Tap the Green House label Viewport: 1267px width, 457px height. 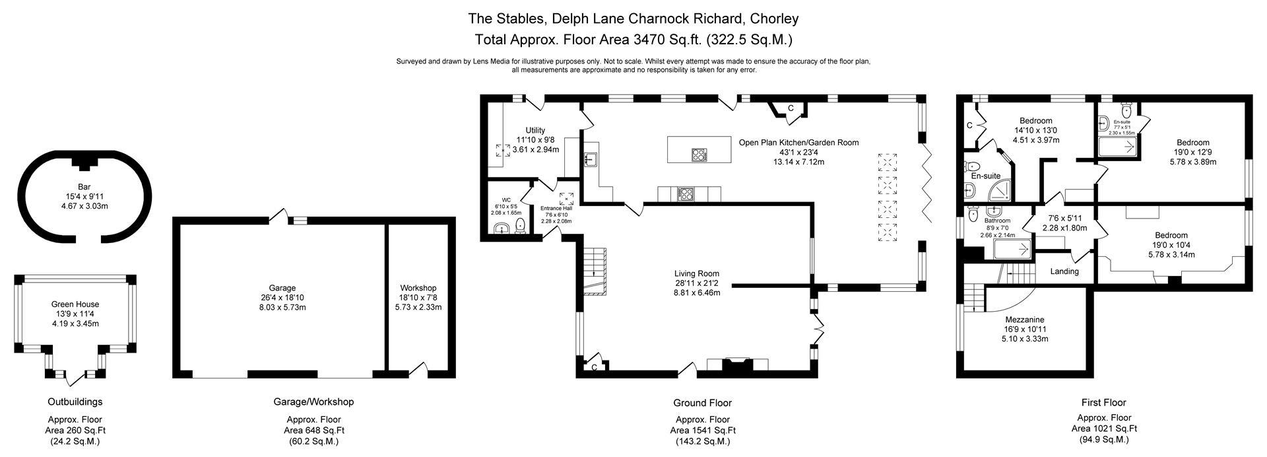(75, 304)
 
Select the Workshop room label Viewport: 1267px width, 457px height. (418, 288)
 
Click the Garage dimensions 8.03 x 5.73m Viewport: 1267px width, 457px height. (282, 307)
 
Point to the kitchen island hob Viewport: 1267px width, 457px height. (699, 155)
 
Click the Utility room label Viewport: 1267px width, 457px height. (535, 130)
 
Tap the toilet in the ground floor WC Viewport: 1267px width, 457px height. (520, 227)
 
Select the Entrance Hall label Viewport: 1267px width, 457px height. (556, 208)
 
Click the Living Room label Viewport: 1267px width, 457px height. (696, 273)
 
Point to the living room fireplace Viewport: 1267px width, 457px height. (737, 367)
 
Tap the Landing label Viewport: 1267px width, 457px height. (1064, 271)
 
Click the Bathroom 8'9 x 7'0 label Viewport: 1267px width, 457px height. (997, 221)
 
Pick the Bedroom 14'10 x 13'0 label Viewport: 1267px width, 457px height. (1035, 121)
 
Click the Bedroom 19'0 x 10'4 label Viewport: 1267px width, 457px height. (1171, 235)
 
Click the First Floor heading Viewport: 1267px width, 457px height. (1103, 402)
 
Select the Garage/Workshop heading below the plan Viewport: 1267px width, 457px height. (313, 402)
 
